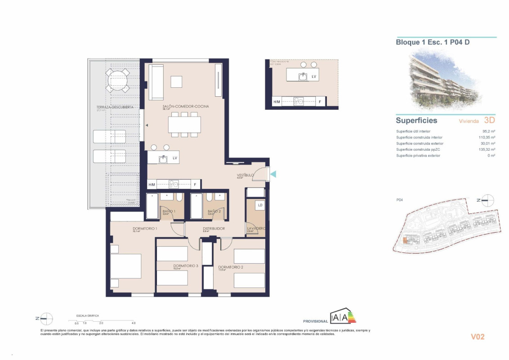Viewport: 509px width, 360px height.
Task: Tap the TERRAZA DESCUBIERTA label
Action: [x=115, y=107]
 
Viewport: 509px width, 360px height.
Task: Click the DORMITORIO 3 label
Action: [x=186, y=266]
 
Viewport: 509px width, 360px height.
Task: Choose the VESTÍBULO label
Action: [x=246, y=175]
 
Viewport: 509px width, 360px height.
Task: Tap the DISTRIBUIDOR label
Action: [x=214, y=229]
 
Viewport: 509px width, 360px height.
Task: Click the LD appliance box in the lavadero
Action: [x=260, y=205]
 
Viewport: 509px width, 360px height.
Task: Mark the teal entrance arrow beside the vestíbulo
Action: [x=273, y=174]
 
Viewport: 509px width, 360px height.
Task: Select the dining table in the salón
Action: [x=184, y=124]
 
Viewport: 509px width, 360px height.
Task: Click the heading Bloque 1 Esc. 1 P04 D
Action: [x=433, y=42]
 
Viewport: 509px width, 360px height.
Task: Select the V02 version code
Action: [x=477, y=336]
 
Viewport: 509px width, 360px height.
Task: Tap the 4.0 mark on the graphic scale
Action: [x=134, y=323]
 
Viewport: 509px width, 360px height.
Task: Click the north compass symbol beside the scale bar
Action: [x=46, y=319]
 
